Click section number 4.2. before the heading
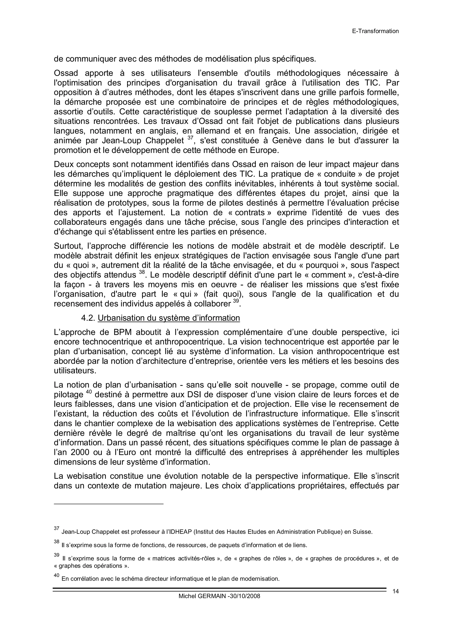click(x=88, y=318)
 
